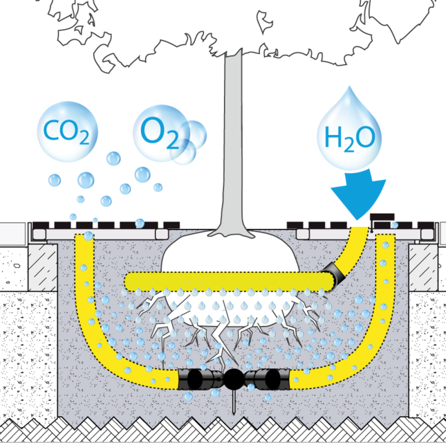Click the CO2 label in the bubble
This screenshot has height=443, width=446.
tap(66, 132)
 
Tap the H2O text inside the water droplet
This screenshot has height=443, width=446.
tap(349, 138)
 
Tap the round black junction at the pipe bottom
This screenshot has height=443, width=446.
tap(232, 378)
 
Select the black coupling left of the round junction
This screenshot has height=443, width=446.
tap(196, 379)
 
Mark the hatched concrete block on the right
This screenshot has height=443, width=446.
tap(424, 264)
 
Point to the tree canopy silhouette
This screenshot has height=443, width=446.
tap(228, 28)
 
